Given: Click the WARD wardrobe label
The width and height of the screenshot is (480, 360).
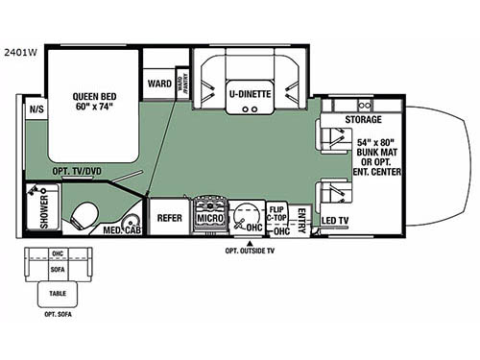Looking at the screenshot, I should tap(158, 84).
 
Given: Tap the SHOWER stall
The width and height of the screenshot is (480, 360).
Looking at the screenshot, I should tap(43, 212).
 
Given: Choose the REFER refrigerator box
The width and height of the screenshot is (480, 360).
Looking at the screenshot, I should tap(169, 219).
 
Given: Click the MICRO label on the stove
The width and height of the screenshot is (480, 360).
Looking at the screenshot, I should tap(209, 219).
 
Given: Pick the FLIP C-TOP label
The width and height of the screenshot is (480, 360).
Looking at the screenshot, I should tap(278, 213).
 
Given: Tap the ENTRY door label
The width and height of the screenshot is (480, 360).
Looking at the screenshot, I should tap(302, 215).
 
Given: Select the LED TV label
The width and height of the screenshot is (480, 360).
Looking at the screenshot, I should tap(334, 222).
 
